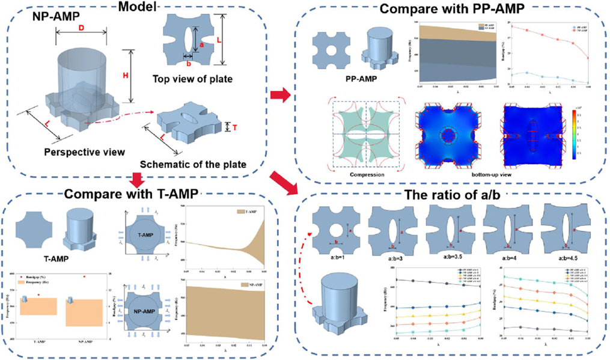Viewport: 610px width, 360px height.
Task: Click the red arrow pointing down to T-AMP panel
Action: [136, 179]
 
